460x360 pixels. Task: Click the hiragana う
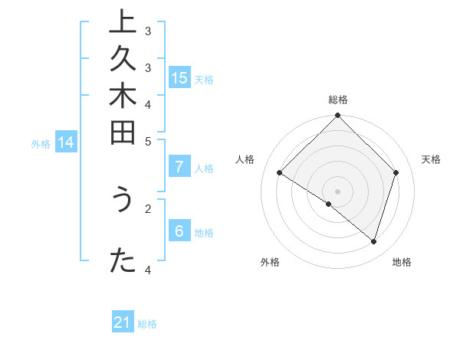coord(121,201)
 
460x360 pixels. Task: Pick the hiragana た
coord(121,261)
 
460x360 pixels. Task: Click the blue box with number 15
coord(179,77)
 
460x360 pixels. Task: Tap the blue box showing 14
coord(66,142)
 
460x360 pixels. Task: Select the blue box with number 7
coord(179,167)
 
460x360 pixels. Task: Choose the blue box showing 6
coord(179,231)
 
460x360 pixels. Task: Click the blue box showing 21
coord(123,322)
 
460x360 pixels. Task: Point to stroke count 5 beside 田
coord(148,141)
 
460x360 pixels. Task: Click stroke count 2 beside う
coord(148,206)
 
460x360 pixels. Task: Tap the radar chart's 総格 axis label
coord(338,100)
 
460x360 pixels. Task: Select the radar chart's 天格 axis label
coord(432,159)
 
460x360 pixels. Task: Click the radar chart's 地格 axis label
coord(402,262)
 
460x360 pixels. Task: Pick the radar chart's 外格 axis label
coord(270,262)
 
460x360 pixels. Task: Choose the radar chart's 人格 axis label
coord(245,159)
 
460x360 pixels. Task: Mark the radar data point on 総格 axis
coord(337,116)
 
